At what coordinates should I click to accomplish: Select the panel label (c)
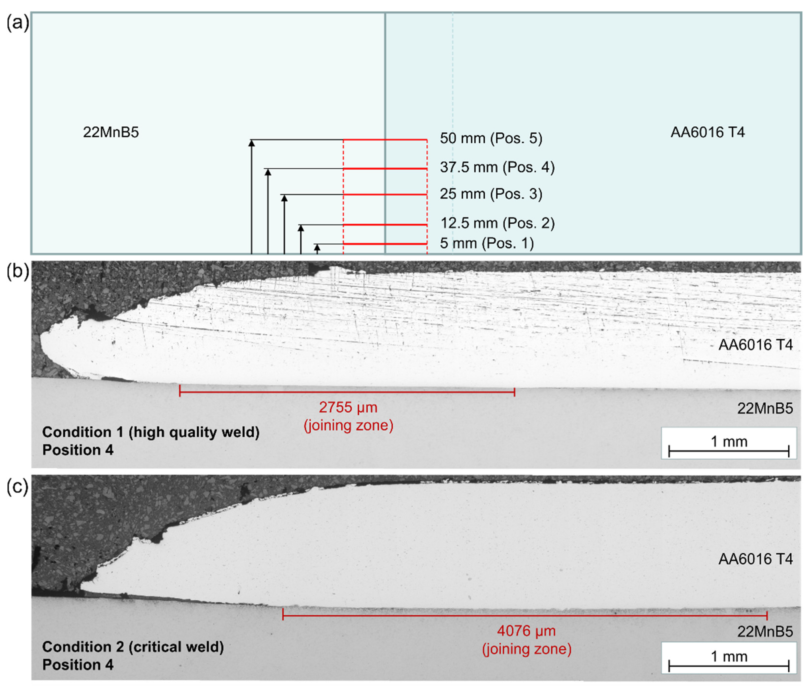point(17,487)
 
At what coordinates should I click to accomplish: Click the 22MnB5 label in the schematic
point(111,132)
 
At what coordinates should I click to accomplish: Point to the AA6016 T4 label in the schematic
point(707,132)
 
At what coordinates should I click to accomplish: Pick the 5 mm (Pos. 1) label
point(487,243)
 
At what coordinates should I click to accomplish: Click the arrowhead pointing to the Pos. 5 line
point(252,143)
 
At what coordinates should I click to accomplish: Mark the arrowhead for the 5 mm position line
point(317,247)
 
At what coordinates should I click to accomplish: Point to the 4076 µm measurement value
point(526,631)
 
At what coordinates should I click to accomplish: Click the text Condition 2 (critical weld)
point(133,647)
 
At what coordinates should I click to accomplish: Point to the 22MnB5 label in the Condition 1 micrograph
point(765,409)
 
